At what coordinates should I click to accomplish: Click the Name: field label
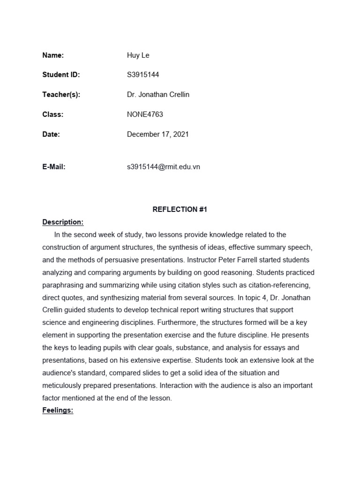point(53,55)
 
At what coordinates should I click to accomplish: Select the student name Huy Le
point(138,55)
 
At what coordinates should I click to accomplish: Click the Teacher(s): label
point(61,95)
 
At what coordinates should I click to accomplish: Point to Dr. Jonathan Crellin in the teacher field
point(158,95)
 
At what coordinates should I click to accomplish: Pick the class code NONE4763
point(145,114)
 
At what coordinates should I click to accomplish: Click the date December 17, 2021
point(157,134)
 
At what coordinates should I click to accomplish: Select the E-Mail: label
point(53,167)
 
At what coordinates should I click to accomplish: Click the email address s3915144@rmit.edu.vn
point(163,167)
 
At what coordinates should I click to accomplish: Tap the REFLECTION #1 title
point(180,210)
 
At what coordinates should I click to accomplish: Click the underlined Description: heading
point(63,222)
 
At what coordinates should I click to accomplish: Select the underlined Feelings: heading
point(58,411)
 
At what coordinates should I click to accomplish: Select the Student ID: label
point(61,75)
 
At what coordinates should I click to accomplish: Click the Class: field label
point(52,114)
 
